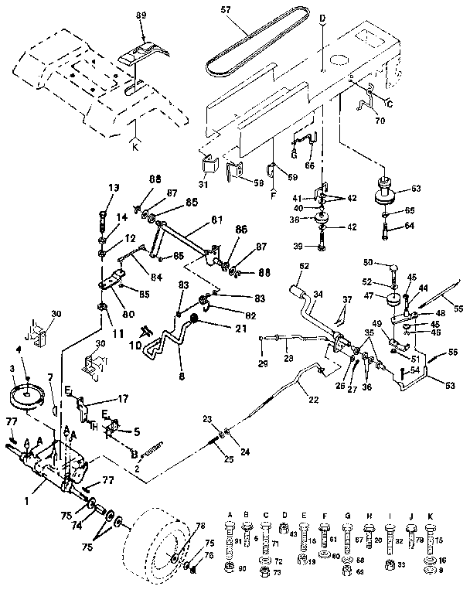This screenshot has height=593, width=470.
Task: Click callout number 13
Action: [x=114, y=187]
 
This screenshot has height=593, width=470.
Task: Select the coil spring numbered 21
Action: [x=195, y=320]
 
